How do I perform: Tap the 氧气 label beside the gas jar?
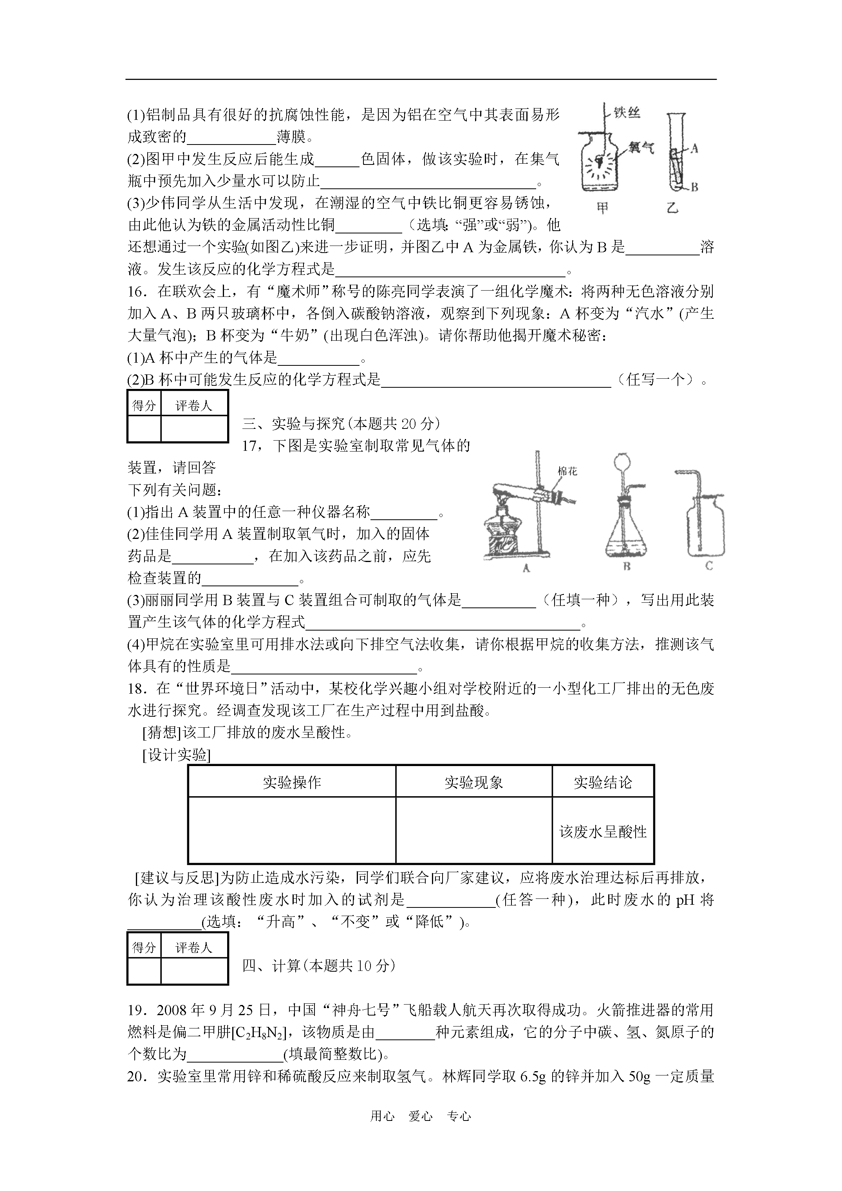click(641, 148)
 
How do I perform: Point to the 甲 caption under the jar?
click(602, 208)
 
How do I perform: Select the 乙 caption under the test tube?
click(672, 208)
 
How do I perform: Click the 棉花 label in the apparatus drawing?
click(567, 471)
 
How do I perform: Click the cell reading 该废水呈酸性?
click(603, 832)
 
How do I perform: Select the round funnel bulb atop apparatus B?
click(622, 462)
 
